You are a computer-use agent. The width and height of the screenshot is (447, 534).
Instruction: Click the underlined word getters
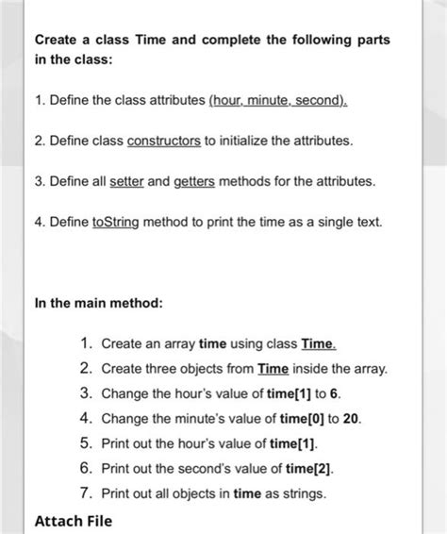pos(195,181)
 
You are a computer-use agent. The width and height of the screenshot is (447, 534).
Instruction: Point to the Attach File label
pos(73,520)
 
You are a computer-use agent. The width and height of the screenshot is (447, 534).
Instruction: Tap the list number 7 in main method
pos(85,492)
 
